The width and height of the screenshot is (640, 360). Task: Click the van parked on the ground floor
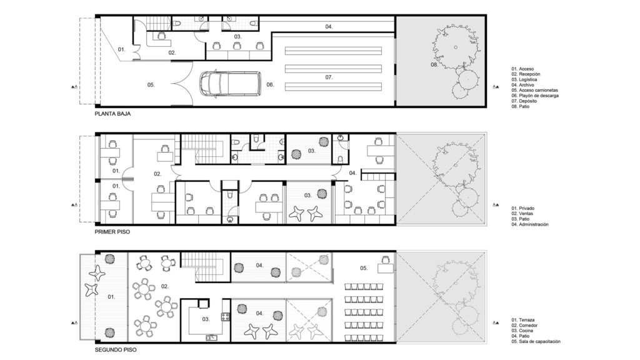coord(230,84)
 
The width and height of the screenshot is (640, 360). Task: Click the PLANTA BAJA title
coord(112,114)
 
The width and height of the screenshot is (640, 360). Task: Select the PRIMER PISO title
coord(112,232)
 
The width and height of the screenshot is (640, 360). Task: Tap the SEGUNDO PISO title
coord(116,350)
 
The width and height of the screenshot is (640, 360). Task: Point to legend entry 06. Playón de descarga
coord(535,96)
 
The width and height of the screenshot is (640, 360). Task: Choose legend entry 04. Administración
coord(530,224)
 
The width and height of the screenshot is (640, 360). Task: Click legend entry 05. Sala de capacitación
coord(536,342)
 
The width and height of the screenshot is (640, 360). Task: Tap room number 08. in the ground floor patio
coord(434,64)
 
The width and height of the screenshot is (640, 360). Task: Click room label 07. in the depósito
coord(329,77)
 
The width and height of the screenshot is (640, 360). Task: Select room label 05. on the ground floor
coord(151,85)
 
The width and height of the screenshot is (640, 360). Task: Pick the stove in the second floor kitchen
coord(225,316)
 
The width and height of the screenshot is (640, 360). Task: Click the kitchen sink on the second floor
coord(211,337)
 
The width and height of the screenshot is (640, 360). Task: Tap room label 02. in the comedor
coord(164,286)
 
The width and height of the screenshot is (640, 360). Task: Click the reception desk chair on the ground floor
coord(161,36)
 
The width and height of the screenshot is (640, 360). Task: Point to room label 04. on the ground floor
coord(329,26)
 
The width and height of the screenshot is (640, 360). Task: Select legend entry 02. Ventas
coord(522,214)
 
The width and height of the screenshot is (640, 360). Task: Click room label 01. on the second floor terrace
coord(111,297)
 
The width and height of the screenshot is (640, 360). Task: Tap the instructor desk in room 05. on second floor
coord(385,268)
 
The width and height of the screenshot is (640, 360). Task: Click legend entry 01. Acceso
coord(522,69)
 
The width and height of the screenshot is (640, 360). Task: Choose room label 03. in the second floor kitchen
coord(206,319)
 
